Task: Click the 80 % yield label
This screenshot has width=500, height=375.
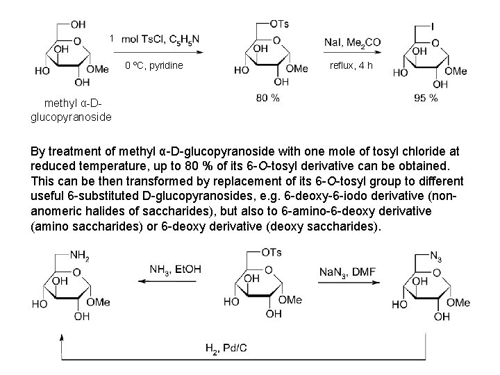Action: point(268,98)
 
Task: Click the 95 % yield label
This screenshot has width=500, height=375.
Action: point(426,98)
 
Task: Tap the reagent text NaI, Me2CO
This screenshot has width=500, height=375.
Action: point(352,42)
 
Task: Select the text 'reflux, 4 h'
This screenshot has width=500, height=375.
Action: point(351,65)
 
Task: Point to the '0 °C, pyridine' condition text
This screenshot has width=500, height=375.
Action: point(153,66)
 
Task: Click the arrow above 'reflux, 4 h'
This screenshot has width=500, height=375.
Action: point(352,54)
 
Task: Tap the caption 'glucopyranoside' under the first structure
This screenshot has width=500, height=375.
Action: point(71,117)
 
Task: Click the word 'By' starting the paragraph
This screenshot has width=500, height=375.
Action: point(40,152)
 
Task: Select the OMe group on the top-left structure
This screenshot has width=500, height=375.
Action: point(100,69)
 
